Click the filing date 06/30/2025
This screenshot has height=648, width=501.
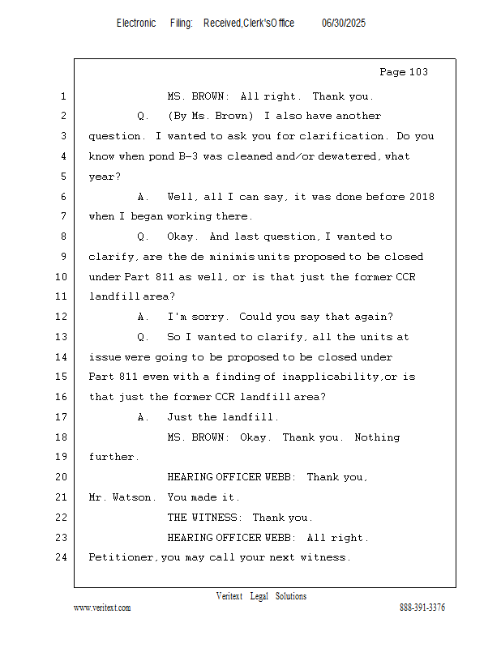click(x=343, y=23)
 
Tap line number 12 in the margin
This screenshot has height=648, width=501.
click(x=62, y=317)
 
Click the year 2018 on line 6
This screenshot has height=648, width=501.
click(x=421, y=197)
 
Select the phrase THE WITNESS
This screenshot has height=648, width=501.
click(x=203, y=517)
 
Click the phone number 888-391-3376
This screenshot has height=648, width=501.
click(x=422, y=607)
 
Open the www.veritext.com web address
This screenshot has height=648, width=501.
click(x=102, y=607)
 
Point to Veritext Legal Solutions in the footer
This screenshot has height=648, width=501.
click(x=261, y=596)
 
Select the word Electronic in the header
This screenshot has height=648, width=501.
click(x=136, y=23)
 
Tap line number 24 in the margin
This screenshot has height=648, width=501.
click(x=62, y=557)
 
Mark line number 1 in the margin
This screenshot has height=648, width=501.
click(x=62, y=96)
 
